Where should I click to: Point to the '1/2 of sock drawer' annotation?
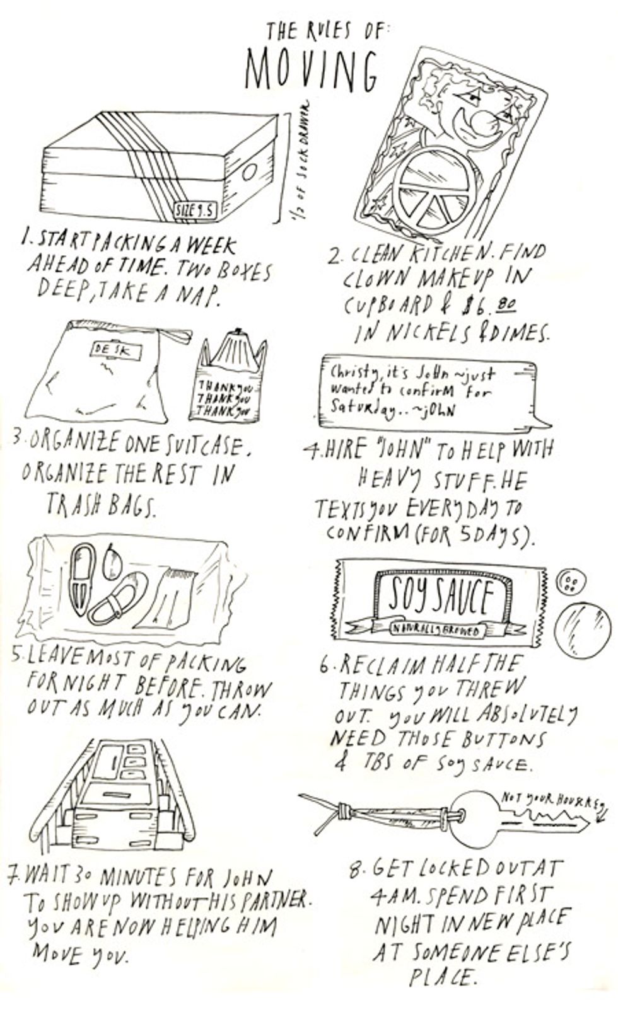click(301, 167)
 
